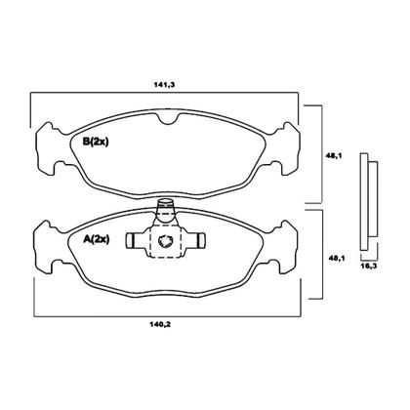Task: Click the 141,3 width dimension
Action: (164, 85)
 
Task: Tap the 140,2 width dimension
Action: (160, 324)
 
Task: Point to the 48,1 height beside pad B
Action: (333, 156)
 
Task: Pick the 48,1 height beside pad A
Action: (338, 258)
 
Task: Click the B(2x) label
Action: (96, 142)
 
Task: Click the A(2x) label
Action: (97, 240)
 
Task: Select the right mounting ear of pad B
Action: (288, 148)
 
